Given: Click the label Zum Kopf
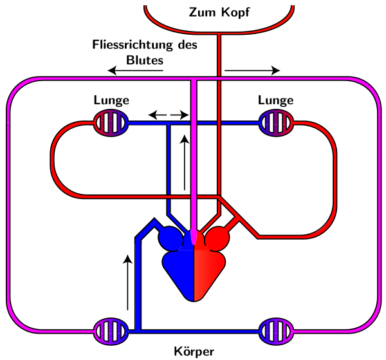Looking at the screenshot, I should [x=219, y=12].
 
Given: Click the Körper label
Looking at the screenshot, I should [x=193, y=352].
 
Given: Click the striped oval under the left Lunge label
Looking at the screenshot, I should [x=111, y=122].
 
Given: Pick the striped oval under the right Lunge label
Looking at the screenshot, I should [x=275, y=122].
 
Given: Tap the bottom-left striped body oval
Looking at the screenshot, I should [x=111, y=332].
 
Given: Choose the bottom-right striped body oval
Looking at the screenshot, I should [x=275, y=332].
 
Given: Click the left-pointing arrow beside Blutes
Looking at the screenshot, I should [x=135, y=70].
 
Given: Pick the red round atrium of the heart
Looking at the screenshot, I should [x=217, y=240].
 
